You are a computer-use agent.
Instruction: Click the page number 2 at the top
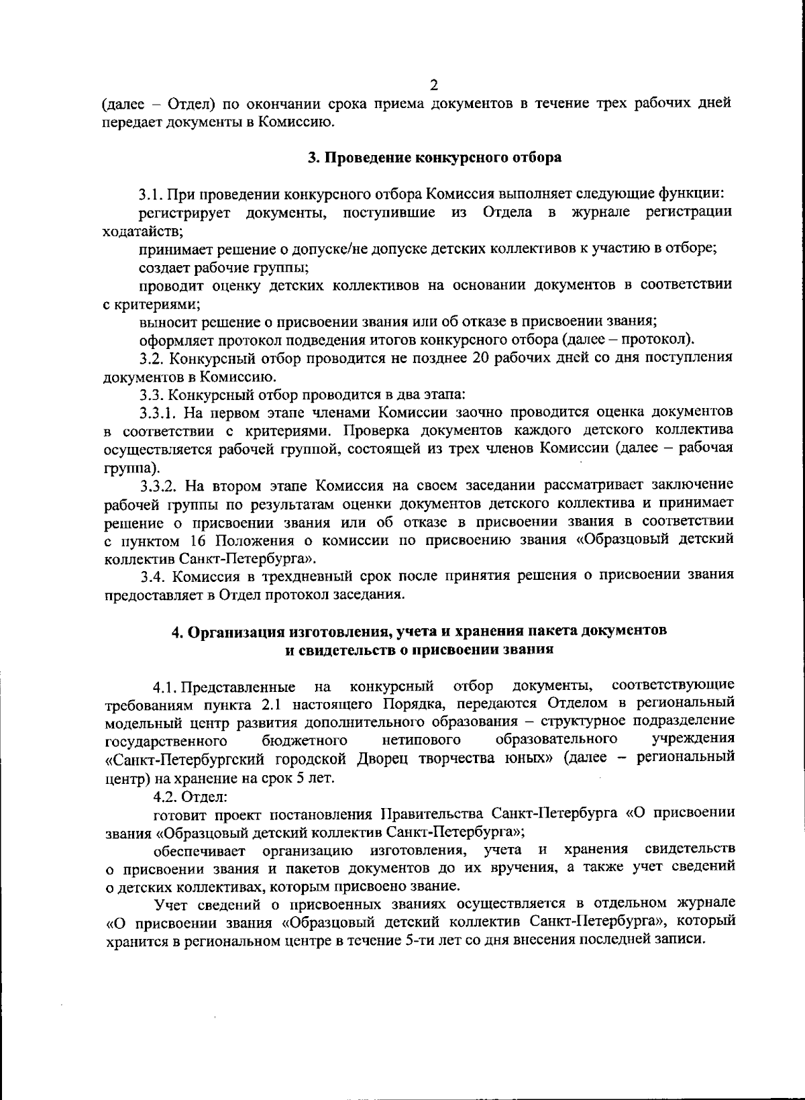(x=433, y=85)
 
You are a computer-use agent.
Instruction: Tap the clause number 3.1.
(x=151, y=195)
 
